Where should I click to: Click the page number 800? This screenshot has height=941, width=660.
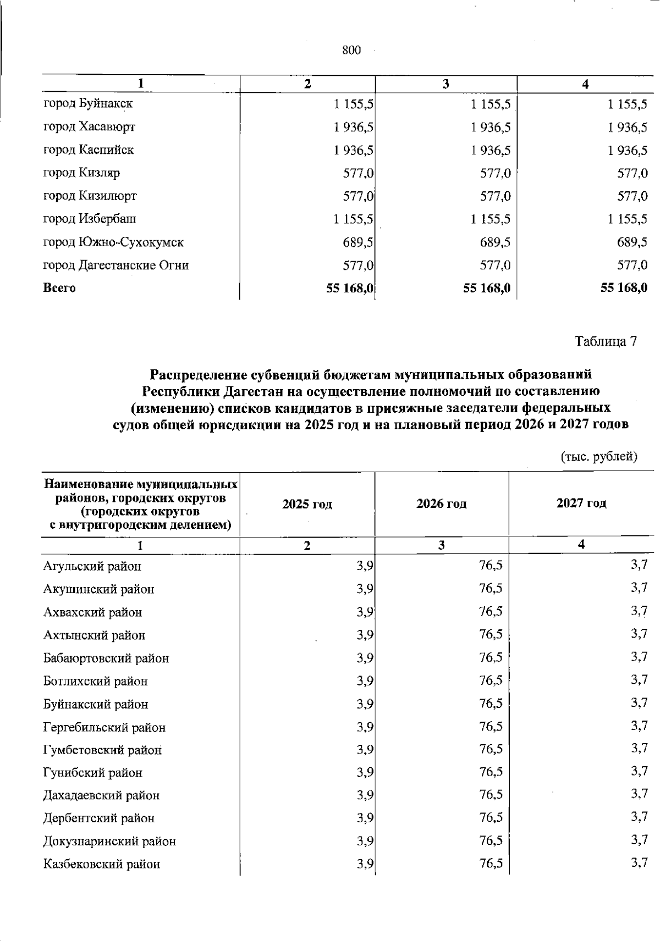(351, 51)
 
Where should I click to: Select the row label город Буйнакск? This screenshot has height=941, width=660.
(88, 103)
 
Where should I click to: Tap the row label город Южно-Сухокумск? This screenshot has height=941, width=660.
(113, 242)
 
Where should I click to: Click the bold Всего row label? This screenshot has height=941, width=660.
(59, 288)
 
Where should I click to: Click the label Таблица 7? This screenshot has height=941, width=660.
(606, 341)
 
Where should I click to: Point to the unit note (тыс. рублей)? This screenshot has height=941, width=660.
(599, 456)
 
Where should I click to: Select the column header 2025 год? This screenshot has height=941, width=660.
(307, 504)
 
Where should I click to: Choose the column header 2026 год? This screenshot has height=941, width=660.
(441, 503)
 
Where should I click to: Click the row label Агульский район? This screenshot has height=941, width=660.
(92, 566)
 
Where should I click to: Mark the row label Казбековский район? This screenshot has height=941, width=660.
(102, 864)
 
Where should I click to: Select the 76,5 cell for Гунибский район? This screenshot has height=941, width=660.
(491, 772)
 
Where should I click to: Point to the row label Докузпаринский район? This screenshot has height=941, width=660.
(109, 841)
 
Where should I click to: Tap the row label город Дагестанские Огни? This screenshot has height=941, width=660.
(116, 265)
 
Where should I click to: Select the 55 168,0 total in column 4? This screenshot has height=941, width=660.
(624, 287)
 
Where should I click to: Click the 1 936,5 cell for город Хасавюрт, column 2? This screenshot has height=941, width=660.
(354, 127)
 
